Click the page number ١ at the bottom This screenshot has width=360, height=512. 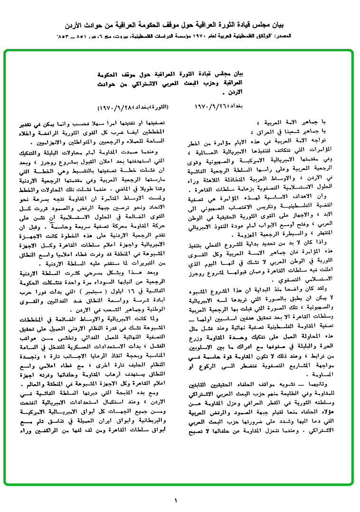175,500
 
